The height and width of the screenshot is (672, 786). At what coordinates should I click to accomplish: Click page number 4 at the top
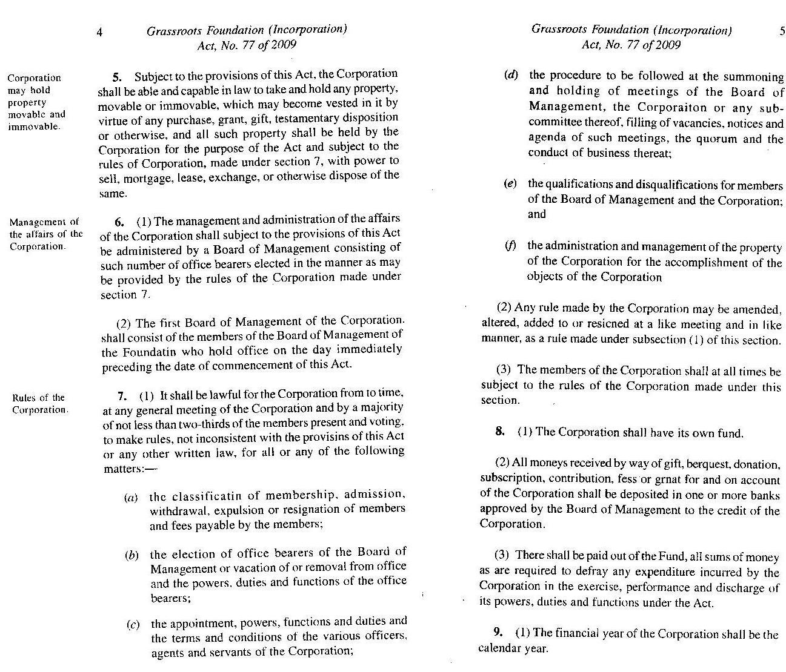pos(99,31)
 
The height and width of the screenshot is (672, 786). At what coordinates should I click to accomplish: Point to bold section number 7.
pos(122,397)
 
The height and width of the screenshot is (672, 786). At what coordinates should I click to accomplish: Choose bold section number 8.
pos(500,431)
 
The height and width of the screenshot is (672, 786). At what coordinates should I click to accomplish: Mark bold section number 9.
pos(498,633)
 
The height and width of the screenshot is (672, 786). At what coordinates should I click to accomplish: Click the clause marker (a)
pos(131,498)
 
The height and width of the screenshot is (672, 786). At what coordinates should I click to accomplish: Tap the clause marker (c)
pos(133,625)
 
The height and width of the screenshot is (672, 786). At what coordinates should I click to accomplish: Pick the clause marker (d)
pos(511,75)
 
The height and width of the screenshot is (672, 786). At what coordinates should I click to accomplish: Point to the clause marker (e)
pos(510,183)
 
